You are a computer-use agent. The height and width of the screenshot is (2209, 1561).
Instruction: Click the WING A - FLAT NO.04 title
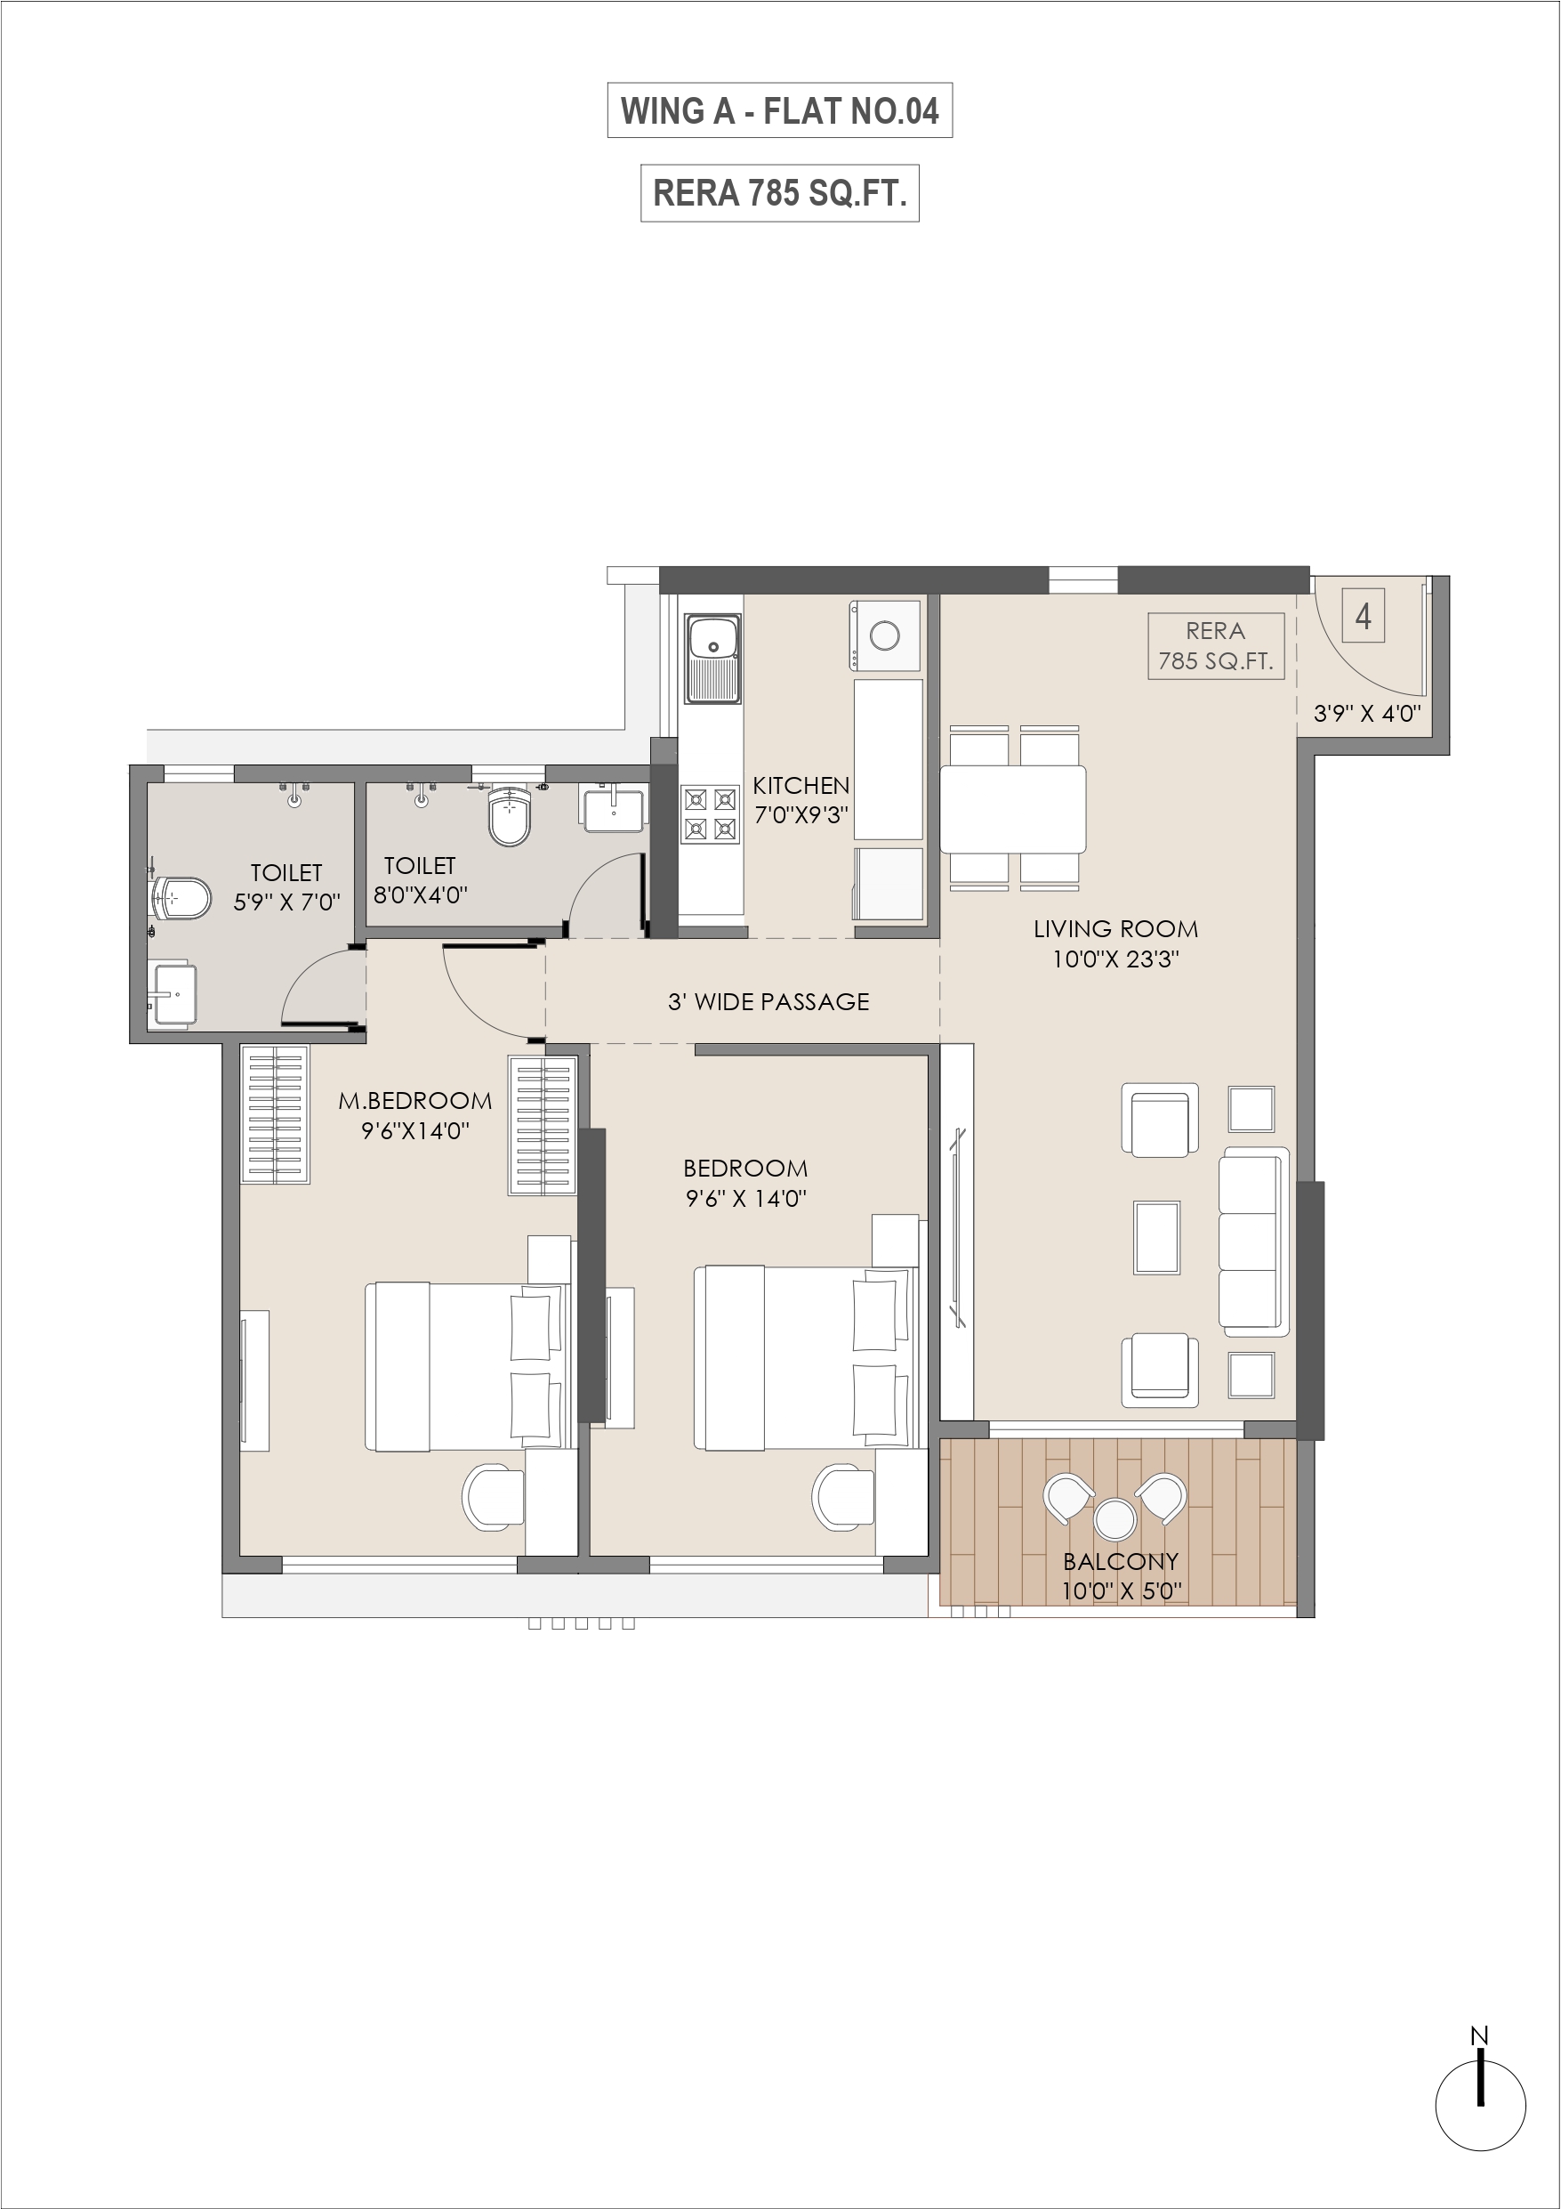pyautogui.click(x=779, y=110)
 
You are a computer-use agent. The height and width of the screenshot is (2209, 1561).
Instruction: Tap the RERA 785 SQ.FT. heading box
pyautogui.click(x=779, y=193)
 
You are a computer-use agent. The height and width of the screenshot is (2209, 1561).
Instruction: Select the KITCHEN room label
pyautogui.click(x=801, y=785)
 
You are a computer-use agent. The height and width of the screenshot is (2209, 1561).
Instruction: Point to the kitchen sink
pyautogui.click(x=712, y=659)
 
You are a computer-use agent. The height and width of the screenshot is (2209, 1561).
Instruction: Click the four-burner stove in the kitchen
pyautogui.click(x=711, y=814)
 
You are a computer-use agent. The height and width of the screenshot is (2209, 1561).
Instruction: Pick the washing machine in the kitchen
pyautogui.click(x=884, y=635)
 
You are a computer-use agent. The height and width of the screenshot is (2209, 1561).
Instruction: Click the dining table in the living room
pyautogui.click(x=1013, y=808)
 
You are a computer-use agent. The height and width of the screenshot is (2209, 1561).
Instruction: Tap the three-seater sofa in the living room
pyautogui.click(x=1254, y=1242)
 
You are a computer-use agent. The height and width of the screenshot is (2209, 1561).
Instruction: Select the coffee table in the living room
pyautogui.click(x=1156, y=1237)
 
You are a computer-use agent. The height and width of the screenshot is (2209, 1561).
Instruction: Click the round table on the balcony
pyautogui.click(x=1114, y=1519)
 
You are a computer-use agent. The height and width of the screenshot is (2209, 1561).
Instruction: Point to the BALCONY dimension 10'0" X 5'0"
pyautogui.click(x=1122, y=1590)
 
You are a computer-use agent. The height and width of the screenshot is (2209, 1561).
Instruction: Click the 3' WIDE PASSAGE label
pyautogui.click(x=768, y=1001)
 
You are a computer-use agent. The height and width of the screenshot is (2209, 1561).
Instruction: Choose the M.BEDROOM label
pyautogui.click(x=414, y=1101)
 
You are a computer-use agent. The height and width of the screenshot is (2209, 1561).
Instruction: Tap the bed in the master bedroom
pyautogui.click(x=469, y=1365)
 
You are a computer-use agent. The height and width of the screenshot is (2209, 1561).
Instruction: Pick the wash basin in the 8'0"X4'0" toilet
pyautogui.click(x=612, y=809)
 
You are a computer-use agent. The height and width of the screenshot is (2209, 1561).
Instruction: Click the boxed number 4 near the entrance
pyautogui.click(x=1363, y=616)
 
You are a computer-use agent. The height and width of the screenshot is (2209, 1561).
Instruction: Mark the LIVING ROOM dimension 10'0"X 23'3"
pyautogui.click(x=1115, y=959)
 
